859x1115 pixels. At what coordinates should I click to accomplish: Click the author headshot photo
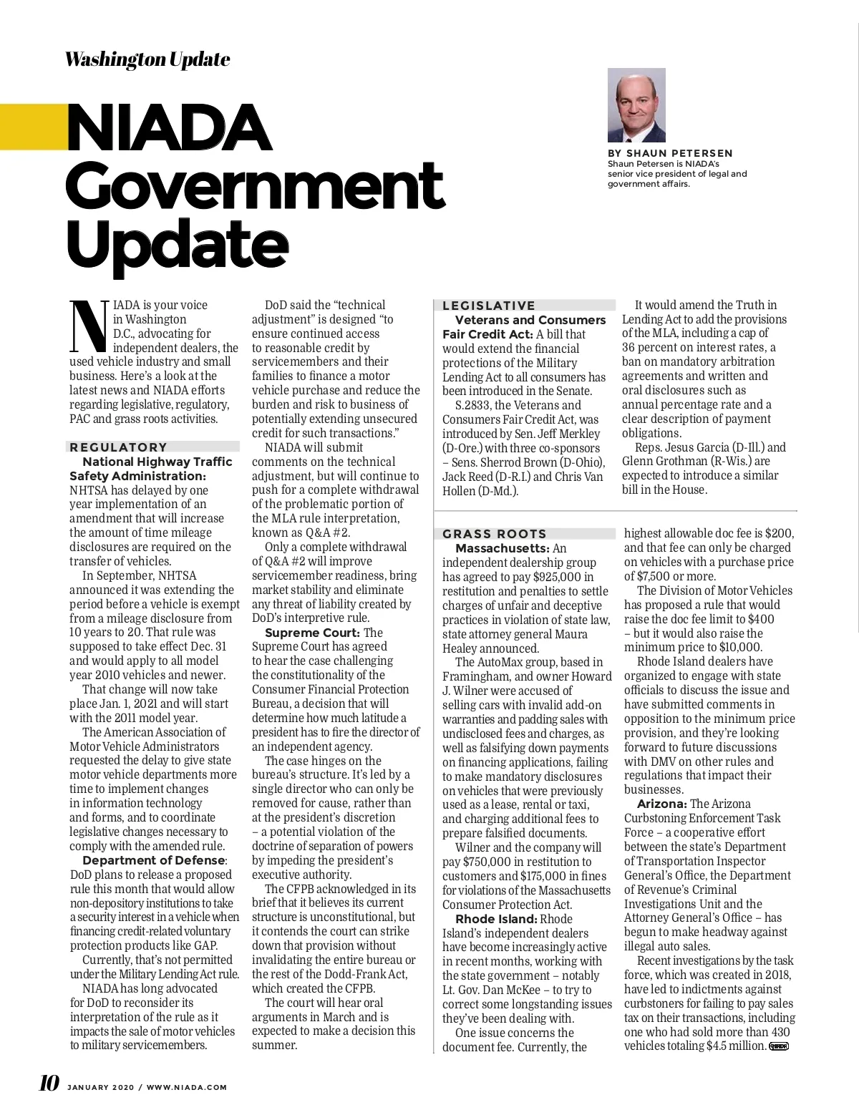pos(636,105)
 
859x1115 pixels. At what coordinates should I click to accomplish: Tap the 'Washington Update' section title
pos(147,59)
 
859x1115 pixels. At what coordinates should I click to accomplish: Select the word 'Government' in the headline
pos(255,186)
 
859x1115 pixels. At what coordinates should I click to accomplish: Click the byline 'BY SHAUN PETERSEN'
pos(670,153)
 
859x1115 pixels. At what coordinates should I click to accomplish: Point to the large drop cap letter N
pos(89,326)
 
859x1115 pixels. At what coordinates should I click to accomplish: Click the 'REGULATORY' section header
pos(119,447)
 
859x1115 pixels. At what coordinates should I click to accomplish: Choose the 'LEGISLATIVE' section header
pos(489,306)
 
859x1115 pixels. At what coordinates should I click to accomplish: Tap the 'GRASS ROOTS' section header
pos(495,534)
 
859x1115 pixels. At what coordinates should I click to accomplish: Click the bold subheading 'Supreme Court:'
pos(312,633)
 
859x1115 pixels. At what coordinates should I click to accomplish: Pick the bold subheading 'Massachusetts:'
pos(502,548)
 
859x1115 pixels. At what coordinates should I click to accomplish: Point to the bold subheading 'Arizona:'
pos(662,804)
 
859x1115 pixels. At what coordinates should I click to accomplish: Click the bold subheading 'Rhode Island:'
pos(496,919)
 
